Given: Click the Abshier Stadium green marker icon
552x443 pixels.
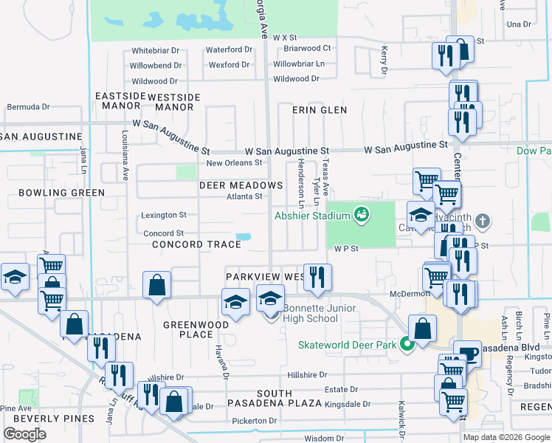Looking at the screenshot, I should (x=361, y=215).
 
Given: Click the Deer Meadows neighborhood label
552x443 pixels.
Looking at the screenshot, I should (x=241, y=185).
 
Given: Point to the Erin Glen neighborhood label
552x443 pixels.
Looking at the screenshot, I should (x=319, y=109).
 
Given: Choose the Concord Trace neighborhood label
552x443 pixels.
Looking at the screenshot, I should (x=196, y=244).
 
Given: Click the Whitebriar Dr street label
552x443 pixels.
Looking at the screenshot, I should (x=156, y=50).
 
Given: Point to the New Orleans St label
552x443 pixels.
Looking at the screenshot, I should (x=234, y=162).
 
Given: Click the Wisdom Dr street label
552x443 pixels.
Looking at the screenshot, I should (x=314, y=439).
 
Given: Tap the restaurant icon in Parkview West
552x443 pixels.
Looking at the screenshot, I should (x=317, y=277).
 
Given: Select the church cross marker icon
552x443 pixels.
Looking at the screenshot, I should (x=482, y=221).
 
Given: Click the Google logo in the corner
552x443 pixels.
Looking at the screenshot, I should (x=25, y=434).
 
